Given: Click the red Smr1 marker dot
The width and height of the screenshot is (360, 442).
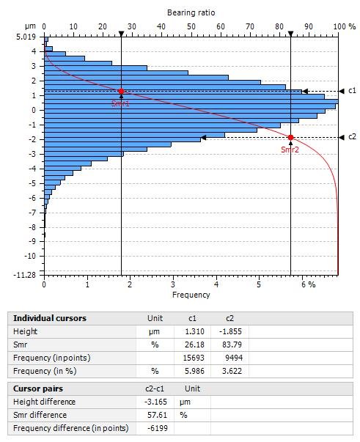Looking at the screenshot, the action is point(121,91).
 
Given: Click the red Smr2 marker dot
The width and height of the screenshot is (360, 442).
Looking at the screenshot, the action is point(290,137).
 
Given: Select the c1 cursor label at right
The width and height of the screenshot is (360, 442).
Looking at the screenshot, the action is point(352,90).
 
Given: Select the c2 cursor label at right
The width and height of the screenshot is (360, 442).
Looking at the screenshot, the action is point(352,137).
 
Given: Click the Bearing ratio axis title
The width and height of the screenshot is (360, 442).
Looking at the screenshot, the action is point(191,12).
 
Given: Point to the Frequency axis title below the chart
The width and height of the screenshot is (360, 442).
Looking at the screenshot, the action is point(191,295).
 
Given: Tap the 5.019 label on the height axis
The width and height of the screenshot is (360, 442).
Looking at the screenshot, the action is point(26,37).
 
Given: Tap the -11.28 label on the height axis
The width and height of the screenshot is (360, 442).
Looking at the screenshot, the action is point(25,275).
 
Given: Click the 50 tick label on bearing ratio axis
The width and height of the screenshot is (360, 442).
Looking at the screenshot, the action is point(191,26).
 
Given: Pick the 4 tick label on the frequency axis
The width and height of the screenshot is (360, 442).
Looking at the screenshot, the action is point(216,284).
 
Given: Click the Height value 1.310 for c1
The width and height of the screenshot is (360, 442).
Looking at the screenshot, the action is point(194,331).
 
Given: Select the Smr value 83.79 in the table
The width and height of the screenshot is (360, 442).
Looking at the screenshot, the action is point(232,345).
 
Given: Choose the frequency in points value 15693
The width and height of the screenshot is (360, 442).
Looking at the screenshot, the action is point(194,358).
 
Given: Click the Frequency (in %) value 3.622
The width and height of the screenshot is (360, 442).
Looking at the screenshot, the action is point(232,371).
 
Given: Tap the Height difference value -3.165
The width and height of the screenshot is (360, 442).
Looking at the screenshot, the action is point(155,402).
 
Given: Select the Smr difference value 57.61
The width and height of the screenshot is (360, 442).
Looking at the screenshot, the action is point(158,415).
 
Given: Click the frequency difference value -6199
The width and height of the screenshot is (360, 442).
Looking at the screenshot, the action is point(158,428).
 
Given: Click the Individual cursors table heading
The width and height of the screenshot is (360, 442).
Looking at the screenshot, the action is point(50,318).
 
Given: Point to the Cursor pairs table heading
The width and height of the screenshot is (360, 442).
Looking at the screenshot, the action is point(38,388).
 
